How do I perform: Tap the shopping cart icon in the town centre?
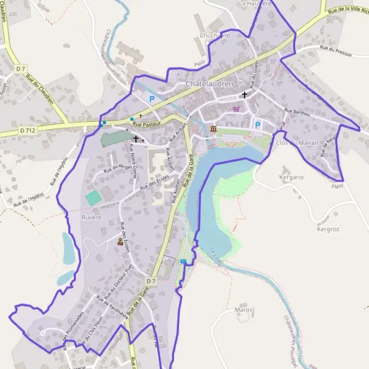click(237, 109)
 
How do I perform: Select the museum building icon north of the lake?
click(213, 129)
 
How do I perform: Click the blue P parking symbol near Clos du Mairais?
click(258, 125)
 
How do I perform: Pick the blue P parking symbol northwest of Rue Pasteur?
click(151, 98)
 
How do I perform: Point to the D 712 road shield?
click(27, 130)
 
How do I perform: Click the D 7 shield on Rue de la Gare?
click(153, 281)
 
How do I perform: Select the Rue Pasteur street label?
click(146, 124)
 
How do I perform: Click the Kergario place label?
click(292, 177)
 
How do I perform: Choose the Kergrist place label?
click(328, 229)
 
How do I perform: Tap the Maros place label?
click(244, 309)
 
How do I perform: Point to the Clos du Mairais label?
click(301, 143)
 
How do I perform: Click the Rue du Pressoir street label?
click(336, 54)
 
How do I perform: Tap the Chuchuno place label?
click(215, 36)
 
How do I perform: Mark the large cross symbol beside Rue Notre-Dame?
click(136, 140)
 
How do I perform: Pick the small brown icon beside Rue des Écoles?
click(121, 242)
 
